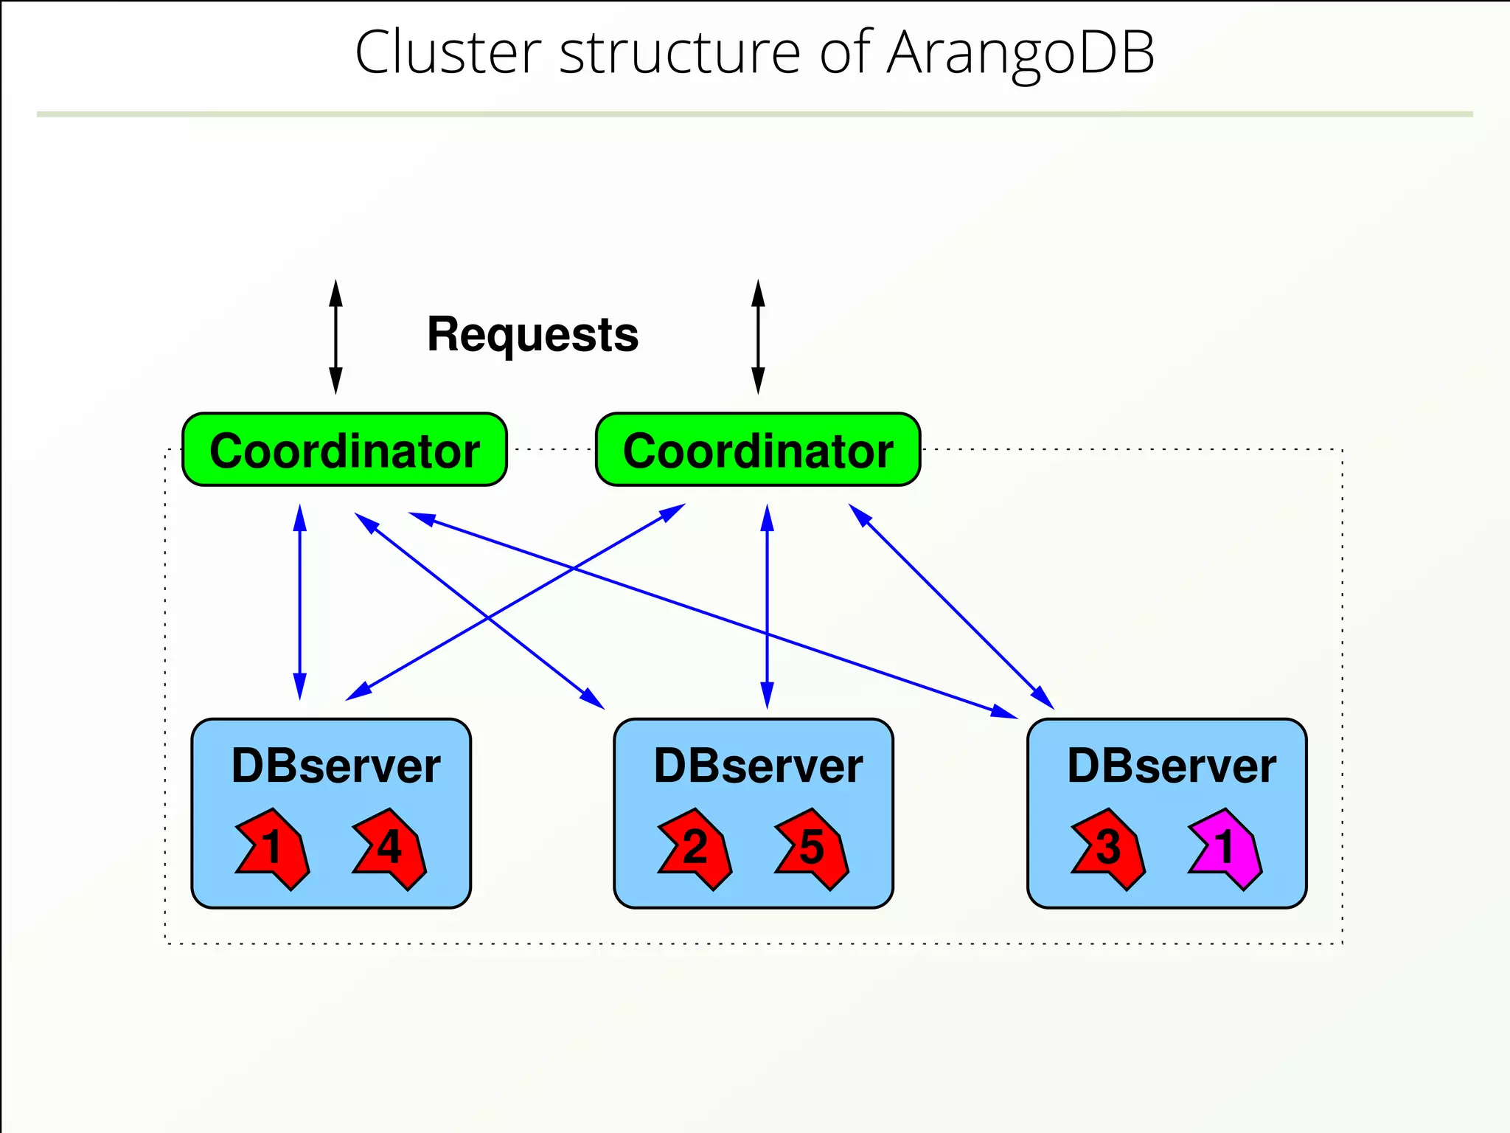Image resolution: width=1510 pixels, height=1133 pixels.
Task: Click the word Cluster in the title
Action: pos(448,53)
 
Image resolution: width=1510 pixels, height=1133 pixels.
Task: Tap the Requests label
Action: pos(532,334)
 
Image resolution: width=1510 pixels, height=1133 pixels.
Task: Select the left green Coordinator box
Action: pos(344,450)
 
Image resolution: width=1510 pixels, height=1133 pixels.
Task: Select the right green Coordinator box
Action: pos(758,450)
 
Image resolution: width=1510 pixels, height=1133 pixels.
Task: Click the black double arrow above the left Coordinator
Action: pos(335,337)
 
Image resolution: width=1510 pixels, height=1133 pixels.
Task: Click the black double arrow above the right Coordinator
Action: pos(758,337)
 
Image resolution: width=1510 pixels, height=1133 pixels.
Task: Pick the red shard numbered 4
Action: pos(390,848)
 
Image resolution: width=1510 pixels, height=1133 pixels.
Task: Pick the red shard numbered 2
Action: pos(695,848)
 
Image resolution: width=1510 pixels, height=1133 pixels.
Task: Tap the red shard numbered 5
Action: pos(812,848)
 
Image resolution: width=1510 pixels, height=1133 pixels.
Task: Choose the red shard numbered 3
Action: pos(1108,848)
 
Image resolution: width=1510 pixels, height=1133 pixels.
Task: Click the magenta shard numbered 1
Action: pos(1225,848)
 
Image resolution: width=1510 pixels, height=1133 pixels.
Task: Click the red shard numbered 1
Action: pos(272,848)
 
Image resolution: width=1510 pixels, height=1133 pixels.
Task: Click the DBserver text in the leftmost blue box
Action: pos(335,766)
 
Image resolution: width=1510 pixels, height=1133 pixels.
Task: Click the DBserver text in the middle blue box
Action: pos(758,766)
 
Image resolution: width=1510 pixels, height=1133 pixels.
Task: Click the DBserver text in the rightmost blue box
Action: pos(1172,766)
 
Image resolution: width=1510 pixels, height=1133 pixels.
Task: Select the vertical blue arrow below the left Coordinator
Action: pos(299,601)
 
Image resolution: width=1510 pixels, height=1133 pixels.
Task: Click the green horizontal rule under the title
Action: pos(755,114)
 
